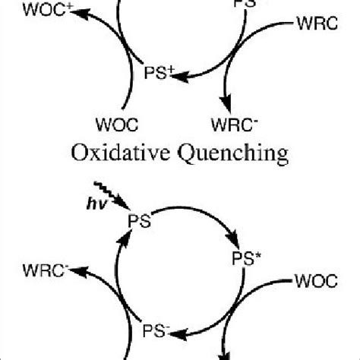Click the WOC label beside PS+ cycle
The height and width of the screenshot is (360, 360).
click(x=115, y=122)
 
